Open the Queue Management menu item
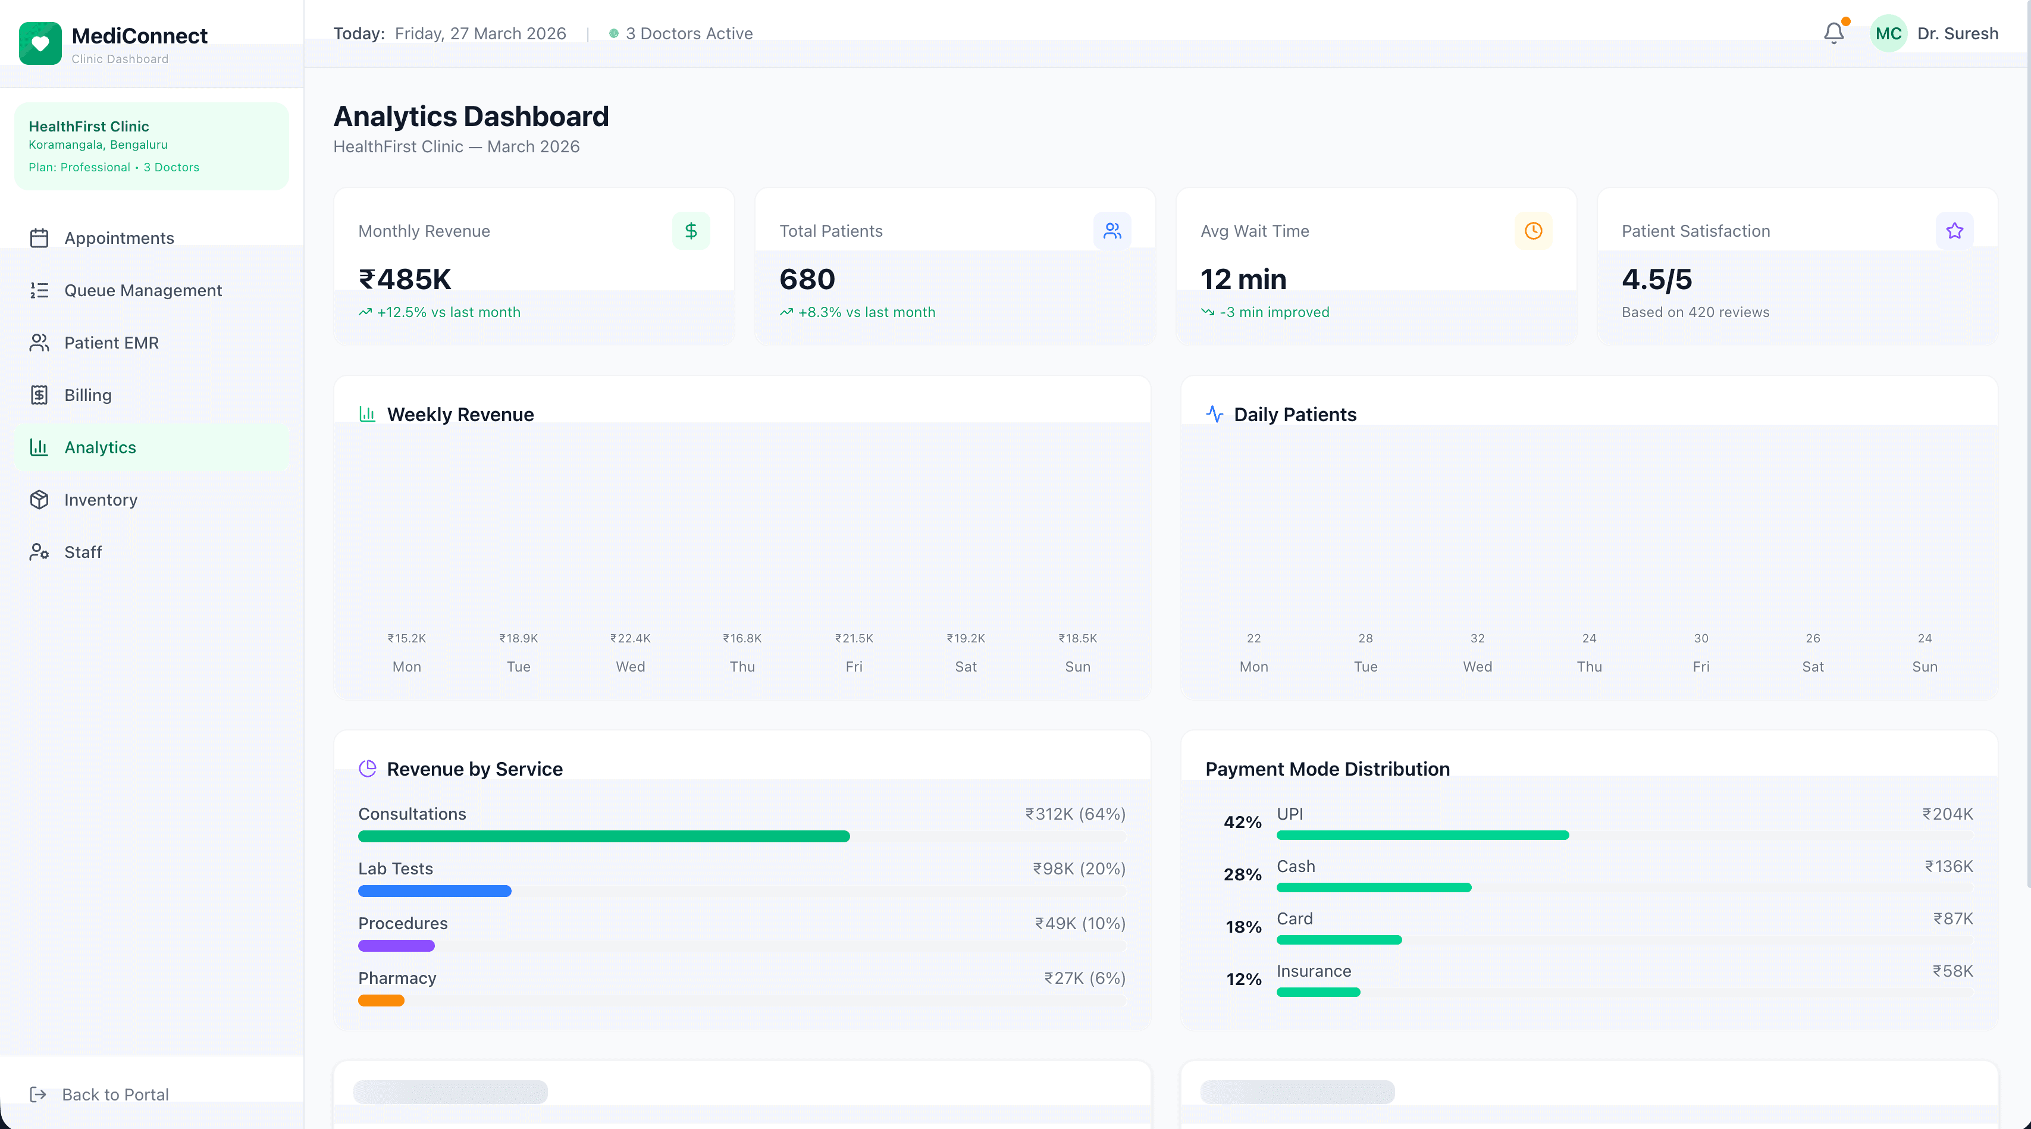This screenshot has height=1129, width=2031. click(x=143, y=290)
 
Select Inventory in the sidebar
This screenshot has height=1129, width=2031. click(x=100, y=500)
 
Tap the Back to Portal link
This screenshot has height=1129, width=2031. click(x=114, y=1094)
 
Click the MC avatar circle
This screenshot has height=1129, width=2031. click(x=1888, y=33)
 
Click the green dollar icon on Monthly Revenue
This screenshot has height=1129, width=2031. click(x=691, y=231)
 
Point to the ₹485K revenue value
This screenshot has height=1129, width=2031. click(x=405, y=279)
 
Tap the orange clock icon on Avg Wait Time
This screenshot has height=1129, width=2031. click(x=1532, y=231)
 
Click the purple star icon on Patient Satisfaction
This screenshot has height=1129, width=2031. click(x=1954, y=231)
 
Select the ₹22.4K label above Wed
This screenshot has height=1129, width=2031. click(x=630, y=638)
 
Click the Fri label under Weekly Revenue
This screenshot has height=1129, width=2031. click(x=854, y=666)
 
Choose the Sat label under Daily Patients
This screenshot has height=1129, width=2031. click(x=1813, y=666)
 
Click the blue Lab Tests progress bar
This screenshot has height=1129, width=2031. click(x=434, y=891)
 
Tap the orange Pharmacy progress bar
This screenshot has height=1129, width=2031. click(x=381, y=1001)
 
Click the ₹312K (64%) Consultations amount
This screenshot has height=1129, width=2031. click(x=1074, y=814)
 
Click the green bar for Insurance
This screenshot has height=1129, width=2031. click(x=1318, y=992)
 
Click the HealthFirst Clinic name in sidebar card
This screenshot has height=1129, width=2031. click(x=88, y=126)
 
